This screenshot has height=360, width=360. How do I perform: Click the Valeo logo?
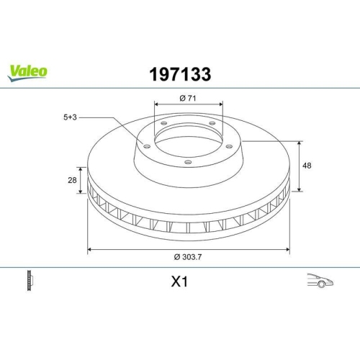pyautogui.click(x=28, y=70)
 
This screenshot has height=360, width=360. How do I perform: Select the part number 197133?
pyautogui.click(x=179, y=74)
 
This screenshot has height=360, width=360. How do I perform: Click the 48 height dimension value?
pyautogui.click(x=307, y=166)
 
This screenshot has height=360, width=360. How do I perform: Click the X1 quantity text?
pyautogui.click(x=179, y=283)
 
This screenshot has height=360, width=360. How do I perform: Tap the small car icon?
pyautogui.click(x=318, y=281)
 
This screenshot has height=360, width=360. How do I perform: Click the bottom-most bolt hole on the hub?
pyautogui.click(x=188, y=162)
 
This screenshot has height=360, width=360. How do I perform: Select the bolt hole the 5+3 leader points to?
pyautogui.click(x=147, y=147)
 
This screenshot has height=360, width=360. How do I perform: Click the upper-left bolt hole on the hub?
pyautogui.click(x=163, y=125)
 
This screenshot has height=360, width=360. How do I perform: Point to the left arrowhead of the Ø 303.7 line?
pyautogui.click(x=89, y=250)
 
